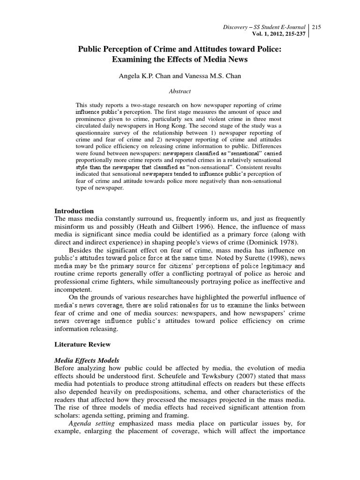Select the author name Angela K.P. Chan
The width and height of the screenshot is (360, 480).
pos(143,76)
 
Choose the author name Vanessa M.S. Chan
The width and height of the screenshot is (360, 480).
pos(206,76)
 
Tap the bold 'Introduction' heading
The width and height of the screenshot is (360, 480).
pos(74,211)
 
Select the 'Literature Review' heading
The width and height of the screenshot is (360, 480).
pos(82,344)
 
